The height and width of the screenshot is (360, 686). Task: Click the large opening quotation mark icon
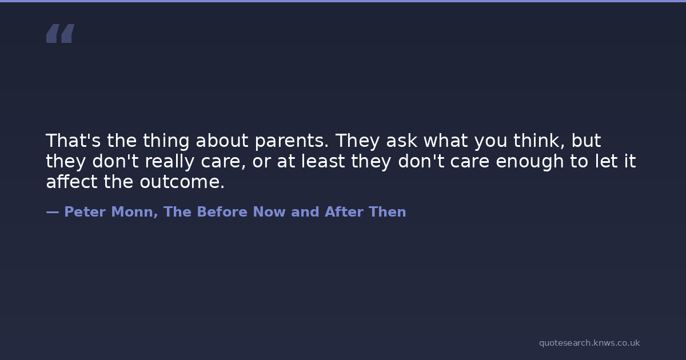61,33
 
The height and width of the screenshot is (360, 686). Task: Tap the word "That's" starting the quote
73,141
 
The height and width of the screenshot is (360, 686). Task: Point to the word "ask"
401,141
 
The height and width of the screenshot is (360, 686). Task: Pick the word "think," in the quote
539,141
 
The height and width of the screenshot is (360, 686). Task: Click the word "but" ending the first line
586,141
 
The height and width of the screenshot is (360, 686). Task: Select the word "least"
323,161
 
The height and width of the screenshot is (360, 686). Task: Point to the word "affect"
71,182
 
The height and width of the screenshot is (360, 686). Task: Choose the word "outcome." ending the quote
182,182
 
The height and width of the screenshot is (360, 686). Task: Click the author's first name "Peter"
85,212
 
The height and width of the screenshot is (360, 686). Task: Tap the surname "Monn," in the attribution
134,212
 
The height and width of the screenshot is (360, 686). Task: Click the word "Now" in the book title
269,212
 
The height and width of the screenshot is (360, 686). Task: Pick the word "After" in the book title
344,212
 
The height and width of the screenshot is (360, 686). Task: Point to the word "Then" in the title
388,212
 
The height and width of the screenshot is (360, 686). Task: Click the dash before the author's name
53,212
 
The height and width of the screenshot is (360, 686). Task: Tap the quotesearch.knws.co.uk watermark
589,343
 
